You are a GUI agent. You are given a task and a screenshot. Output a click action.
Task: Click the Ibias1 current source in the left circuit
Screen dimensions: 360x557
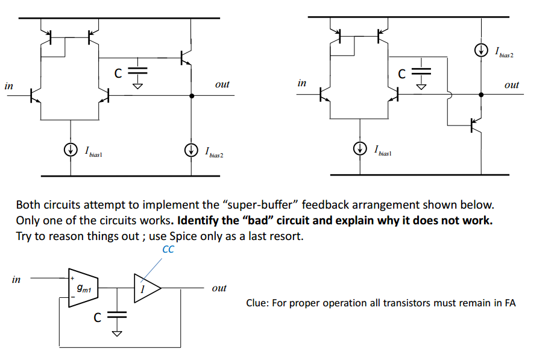click(72, 148)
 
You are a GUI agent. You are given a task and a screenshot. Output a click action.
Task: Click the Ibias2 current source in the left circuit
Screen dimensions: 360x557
click(192, 148)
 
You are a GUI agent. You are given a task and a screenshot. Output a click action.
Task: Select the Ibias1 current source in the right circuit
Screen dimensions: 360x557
click(360, 148)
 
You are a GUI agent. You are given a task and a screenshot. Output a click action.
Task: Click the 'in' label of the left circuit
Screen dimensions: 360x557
click(9, 86)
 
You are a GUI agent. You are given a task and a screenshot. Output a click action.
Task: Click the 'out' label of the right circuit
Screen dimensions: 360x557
click(511, 85)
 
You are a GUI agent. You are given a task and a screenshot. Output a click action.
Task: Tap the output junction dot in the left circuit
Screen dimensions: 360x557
click(192, 95)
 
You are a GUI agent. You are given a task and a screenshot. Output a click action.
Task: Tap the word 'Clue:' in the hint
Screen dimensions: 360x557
click(259, 303)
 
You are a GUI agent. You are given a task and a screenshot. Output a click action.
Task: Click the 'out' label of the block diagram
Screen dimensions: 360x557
click(219, 288)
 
